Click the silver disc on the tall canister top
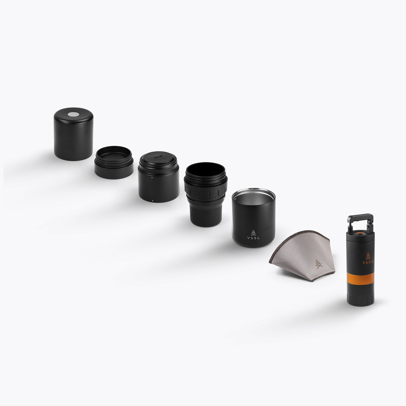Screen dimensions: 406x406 (73, 114)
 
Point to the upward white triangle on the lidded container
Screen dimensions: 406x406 (152, 177)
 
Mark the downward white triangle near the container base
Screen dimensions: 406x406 (153, 201)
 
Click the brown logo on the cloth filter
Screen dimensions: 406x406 (318, 264)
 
